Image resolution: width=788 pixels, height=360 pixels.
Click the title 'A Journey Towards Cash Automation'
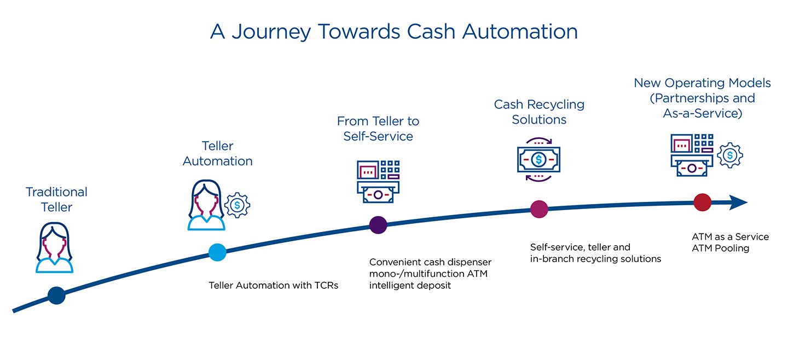[393, 31]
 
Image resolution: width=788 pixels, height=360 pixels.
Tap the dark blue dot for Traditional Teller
[56, 295]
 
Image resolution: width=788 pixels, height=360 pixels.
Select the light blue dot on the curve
[217, 252]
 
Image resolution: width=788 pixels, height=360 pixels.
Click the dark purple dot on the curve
[378, 224]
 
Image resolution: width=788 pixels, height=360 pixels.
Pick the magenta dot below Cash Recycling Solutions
[539, 208]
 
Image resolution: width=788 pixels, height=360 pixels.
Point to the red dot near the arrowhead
[702, 202]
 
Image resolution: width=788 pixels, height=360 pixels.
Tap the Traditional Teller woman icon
[55, 247]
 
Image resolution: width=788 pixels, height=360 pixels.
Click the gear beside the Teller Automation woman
[237, 205]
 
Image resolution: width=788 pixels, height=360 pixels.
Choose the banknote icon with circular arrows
[539, 160]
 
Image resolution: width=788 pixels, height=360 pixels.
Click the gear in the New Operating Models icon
[729, 155]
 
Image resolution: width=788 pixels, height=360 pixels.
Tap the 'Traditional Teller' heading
[56, 200]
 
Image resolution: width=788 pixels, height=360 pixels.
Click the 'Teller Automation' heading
[217, 154]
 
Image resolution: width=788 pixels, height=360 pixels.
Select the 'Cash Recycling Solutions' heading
[539, 112]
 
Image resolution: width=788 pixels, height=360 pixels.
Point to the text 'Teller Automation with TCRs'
[274, 286]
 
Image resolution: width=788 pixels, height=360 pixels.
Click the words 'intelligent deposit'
[410, 286]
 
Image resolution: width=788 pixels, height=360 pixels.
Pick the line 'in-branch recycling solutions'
[595, 259]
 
